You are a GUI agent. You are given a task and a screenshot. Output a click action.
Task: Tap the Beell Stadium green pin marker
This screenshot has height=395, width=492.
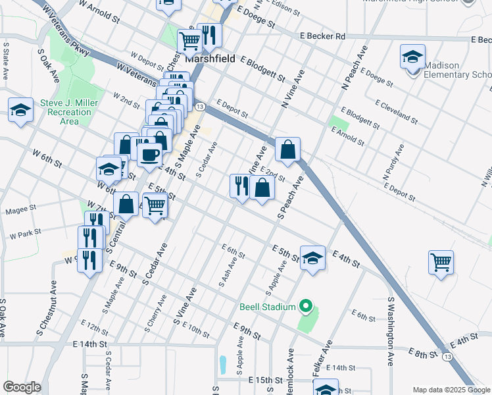tap(305, 306)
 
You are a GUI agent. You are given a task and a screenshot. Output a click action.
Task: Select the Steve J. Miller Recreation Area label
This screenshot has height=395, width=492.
tap(69, 112)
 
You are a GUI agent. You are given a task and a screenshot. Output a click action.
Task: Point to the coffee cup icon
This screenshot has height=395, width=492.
tap(149, 155)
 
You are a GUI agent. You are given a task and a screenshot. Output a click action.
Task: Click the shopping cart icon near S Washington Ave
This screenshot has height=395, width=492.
tap(441, 261)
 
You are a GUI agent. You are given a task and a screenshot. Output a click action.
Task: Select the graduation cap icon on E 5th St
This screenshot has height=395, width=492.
tap(313, 257)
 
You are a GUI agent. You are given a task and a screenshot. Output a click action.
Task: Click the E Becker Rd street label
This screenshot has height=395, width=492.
tap(322, 36)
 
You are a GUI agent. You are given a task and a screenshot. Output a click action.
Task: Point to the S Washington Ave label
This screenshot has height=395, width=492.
tap(391, 332)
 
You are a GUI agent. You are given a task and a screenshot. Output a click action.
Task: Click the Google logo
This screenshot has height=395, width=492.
tap(22, 387)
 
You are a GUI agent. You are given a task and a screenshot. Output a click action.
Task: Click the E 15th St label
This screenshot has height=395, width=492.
tap(265, 381)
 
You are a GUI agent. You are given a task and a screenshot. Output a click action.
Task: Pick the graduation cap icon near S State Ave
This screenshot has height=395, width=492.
tap(21, 110)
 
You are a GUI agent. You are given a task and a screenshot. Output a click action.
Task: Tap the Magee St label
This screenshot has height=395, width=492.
tap(21, 211)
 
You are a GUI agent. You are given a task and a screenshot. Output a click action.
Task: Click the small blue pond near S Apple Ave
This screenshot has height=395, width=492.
tap(223, 363)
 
